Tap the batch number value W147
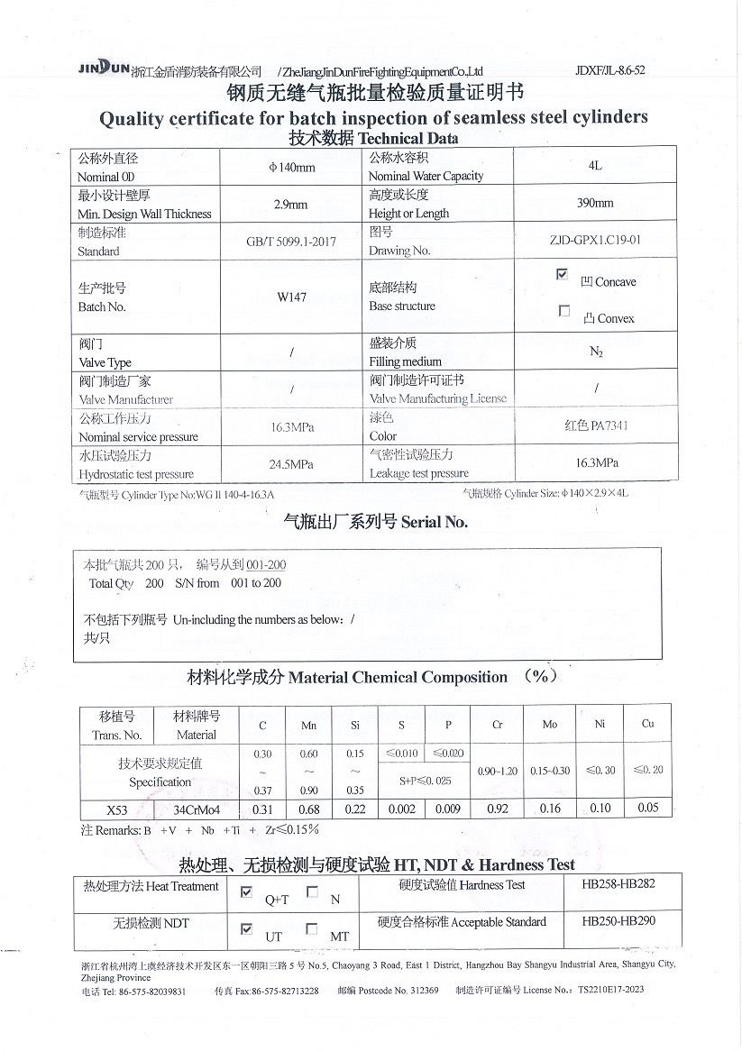pyautogui.click(x=291, y=297)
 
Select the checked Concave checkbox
pyautogui.click(x=563, y=274)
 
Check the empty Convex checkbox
pyautogui.click(x=564, y=311)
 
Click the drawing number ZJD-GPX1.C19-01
pyautogui.click(x=595, y=241)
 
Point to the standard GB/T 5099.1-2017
pyautogui.click(x=291, y=242)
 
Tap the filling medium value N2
pyautogui.click(x=595, y=352)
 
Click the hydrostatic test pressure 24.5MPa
pyautogui.click(x=291, y=465)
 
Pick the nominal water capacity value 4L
pyautogui.click(x=595, y=166)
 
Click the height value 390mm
pyautogui.click(x=595, y=204)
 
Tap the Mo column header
pyautogui.click(x=549, y=725)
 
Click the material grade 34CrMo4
pyautogui.click(x=197, y=809)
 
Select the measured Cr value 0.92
pyautogui.click(x=498, y=809)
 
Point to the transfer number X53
pyautogui.click(x=116, y=809)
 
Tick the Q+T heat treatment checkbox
pyautogui.click(x=247, y=893)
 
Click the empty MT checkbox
pyautogui.click(x=312, y=928)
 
